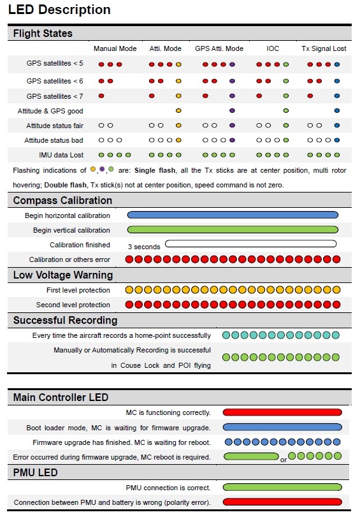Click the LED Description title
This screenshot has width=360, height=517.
click(59, 10)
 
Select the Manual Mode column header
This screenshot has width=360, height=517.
click(115, 49)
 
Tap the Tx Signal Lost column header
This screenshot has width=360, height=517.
click(324, 49)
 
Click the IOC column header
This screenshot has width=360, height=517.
click(273, 49)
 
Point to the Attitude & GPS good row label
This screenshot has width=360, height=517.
click(50, 111)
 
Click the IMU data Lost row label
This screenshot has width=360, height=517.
click(61, 155)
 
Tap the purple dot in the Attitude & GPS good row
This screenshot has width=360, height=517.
click(232, 110)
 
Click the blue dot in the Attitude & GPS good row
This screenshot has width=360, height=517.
click(337, 110)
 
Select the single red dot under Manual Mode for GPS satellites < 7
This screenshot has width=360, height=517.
click(101, 96)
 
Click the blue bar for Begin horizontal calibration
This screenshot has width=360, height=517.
click(233, 215)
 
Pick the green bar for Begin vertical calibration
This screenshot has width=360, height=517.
click(233, 229)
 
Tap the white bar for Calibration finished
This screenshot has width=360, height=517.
click(250, 244)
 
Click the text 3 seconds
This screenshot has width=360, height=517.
click(144, 247)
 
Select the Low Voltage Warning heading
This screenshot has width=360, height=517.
click(63, 275)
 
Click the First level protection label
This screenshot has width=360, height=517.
click(78, 290)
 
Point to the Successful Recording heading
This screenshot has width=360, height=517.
click(65, 320)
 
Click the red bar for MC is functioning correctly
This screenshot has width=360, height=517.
click(282, 412)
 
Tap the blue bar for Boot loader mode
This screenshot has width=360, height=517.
click(282, 427)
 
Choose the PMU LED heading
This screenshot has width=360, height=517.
click(35, 473)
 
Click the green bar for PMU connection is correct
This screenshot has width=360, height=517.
click(282, 487)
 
